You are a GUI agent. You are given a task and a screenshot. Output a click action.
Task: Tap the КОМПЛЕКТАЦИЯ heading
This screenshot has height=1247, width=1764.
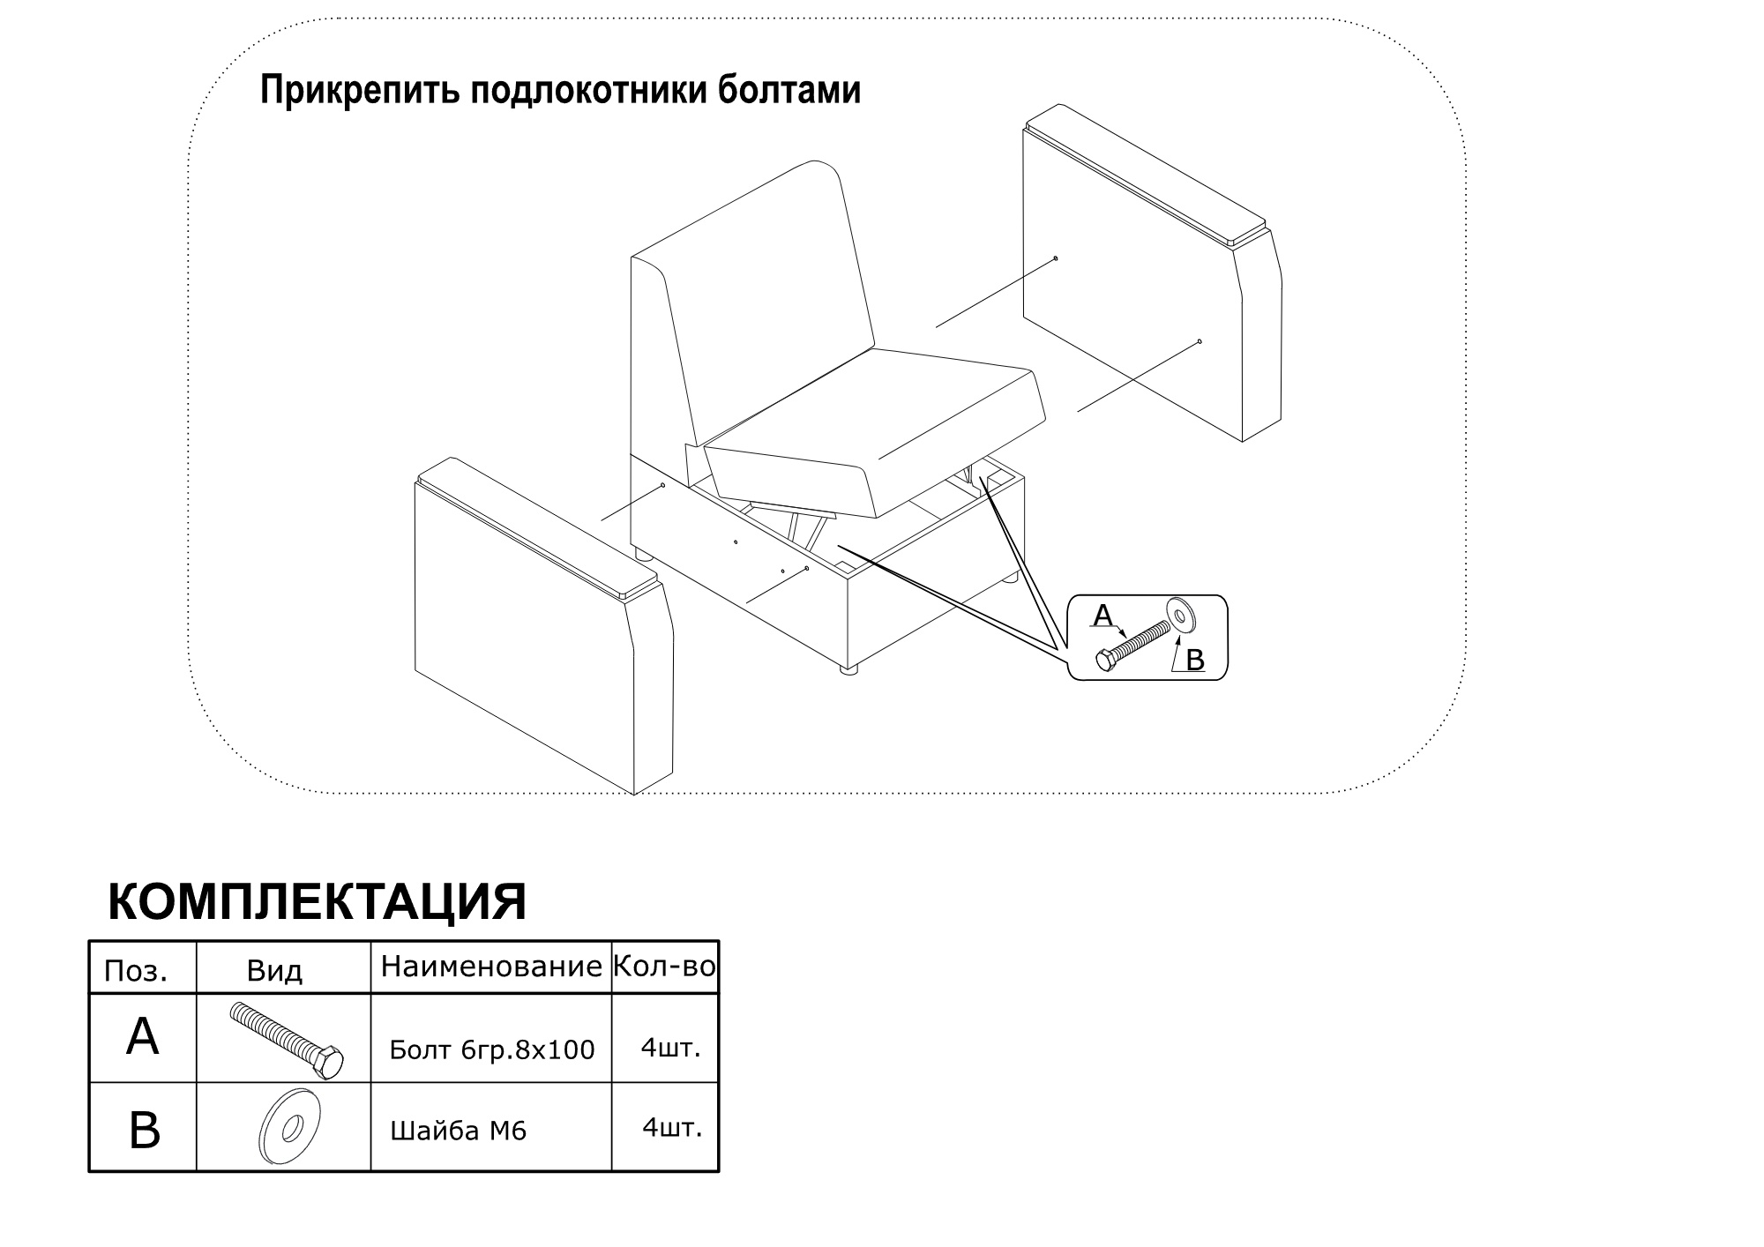[x=318, y=902]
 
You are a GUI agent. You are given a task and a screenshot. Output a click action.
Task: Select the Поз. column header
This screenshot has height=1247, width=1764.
[x=136, y=971]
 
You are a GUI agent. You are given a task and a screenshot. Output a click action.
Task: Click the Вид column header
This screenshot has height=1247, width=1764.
[x=274, y=971]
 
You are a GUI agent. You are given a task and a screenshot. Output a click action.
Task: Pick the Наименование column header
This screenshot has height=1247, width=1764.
[x=491, y=967]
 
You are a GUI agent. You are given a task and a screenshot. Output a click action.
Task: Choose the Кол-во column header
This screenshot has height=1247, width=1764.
[x=664, y=967]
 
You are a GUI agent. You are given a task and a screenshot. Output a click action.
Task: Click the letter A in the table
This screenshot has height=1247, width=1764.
[x=143, y=1036]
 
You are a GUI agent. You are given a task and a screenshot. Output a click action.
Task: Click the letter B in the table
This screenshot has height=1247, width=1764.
[x=144, y=1130]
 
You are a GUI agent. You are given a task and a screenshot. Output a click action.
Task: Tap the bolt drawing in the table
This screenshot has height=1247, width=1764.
[x=286, y=1041]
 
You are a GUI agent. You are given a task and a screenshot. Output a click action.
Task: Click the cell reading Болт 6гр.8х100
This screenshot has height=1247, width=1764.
[x=492, y=1049]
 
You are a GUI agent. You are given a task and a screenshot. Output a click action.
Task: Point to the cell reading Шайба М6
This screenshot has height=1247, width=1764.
[x=459, y=1130]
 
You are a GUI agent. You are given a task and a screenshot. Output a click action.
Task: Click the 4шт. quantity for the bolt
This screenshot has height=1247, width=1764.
[x=671, y=1048]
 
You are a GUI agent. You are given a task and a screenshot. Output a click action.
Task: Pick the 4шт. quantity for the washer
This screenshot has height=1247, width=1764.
[x=672, y=1127]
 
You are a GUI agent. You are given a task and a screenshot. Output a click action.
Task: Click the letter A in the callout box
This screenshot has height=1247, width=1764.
[x=1103, y=616]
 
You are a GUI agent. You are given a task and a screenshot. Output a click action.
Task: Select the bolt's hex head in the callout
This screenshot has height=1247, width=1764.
[x=1106, y=660]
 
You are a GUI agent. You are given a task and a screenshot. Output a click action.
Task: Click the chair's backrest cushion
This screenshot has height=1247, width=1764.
[x=754, y=282]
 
